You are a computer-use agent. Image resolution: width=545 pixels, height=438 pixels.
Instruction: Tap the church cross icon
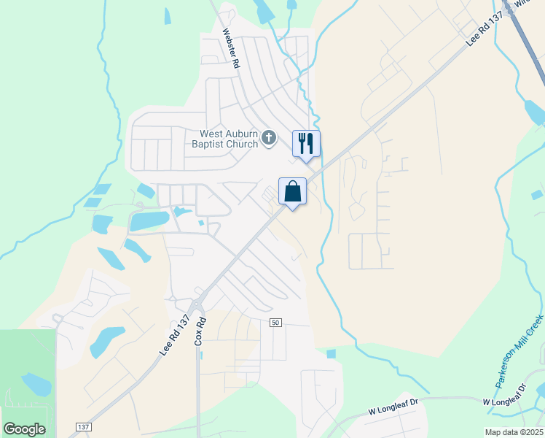tap(269, 137)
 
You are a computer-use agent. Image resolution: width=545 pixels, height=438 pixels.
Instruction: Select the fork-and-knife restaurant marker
tap(306, 142)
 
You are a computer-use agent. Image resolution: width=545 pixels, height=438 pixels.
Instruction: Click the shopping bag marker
tap(292, 191)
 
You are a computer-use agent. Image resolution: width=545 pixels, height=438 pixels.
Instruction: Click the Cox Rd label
tap(200, 330)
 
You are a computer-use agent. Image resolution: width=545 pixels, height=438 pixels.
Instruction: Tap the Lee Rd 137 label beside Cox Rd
tap(174, 336)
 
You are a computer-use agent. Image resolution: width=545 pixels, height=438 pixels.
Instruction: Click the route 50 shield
tap(275, 323)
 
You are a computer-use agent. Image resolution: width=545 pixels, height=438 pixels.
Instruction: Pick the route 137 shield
tap(82, 425)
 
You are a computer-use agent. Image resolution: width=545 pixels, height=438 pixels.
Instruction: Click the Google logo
tap(24, 429)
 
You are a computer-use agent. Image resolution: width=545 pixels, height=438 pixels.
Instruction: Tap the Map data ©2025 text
tap(513, 432)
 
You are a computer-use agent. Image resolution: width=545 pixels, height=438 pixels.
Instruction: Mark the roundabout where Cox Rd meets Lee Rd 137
tap(197, 303)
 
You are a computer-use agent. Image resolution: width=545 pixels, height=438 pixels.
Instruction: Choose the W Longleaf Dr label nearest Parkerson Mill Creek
tap(503, 401)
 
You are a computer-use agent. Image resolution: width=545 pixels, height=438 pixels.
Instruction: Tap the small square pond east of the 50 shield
tap(332, 354)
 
